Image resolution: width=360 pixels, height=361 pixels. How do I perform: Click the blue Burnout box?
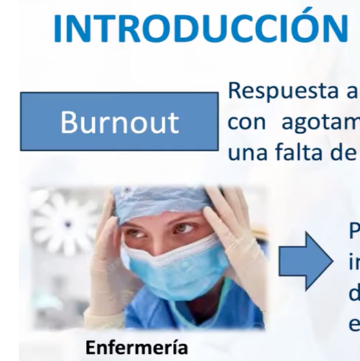coord(119,121)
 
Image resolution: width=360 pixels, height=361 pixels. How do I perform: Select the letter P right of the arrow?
coord(354,230)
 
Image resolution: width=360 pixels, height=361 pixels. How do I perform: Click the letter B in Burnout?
coord(68,122)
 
